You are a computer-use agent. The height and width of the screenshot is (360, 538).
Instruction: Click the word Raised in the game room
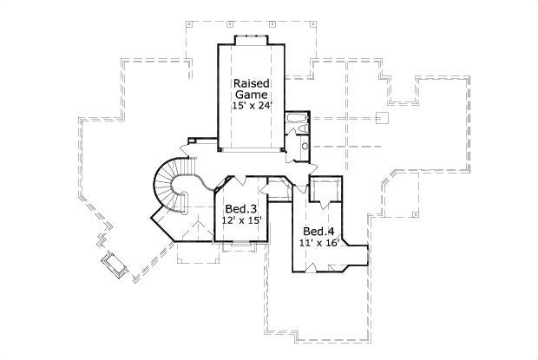(x=250, y=83)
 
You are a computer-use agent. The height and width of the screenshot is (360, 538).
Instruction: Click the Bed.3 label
(x=240, y=210)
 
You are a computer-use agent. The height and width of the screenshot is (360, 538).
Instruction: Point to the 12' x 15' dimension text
(x=240, y=221)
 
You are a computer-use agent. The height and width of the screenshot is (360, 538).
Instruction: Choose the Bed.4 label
(x=318, y=232)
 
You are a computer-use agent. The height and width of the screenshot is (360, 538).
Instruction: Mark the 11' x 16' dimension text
(x=318, y=243)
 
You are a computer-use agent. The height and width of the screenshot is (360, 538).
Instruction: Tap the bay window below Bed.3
(x=235, y=248)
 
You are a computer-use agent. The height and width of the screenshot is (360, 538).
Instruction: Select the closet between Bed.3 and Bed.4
(x=279, y=188)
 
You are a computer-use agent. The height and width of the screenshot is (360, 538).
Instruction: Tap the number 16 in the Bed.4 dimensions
(x=329, y=243)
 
